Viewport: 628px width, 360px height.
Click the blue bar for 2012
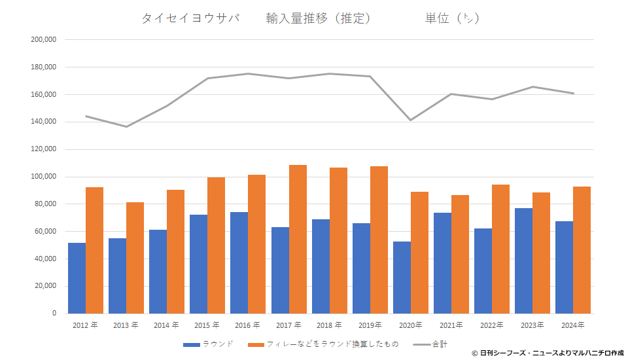point(77,278)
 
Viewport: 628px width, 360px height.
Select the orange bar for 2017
point(298,239)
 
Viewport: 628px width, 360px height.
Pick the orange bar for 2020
point(420,253)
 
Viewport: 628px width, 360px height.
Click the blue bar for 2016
point(239,262)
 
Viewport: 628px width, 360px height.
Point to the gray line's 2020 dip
point(411,120)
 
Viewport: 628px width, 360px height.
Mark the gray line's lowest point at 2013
point(126,126)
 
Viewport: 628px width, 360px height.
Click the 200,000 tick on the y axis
point(44,40)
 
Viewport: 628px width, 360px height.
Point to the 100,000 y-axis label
point(44,177)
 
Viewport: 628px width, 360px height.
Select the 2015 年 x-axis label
point(207,325)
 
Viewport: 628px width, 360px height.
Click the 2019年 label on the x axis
point(370,325)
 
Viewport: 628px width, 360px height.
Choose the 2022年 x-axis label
point(492,325)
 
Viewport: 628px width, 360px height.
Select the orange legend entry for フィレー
point(328,344)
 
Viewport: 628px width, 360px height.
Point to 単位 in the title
point(437,18)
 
